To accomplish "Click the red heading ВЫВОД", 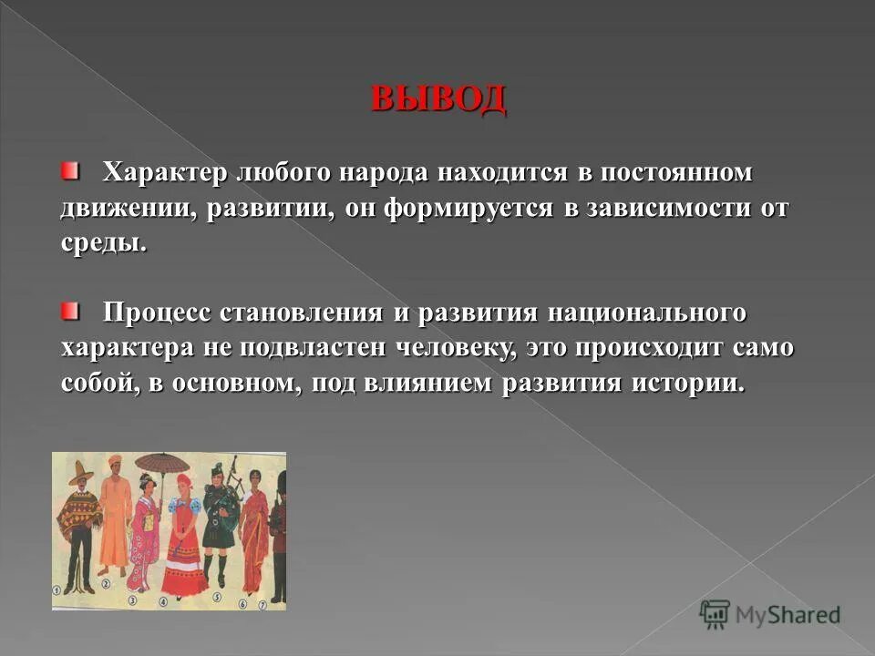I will pyautogui.click(x=437, y=98).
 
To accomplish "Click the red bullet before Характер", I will pyautogui.click(x=70, y=170).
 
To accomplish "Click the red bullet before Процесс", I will pyautogui.click(x=70, y=313).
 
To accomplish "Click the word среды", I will pyautogui.click(x=103, y=243).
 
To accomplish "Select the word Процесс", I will pyautogui.click(x=157, y=313).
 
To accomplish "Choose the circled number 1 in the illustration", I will pyautogui.click(x=57, y=589).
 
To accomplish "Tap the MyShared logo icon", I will pyautogui.click(x=715, y=613).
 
